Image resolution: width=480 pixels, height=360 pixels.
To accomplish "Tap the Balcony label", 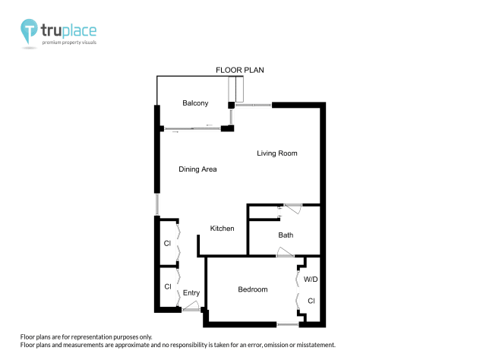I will coord(195,103).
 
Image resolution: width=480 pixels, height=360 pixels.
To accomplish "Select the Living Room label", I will coord(276,153).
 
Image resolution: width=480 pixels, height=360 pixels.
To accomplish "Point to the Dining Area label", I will coord(197,169).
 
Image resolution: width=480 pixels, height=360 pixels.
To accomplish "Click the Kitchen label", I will coord(222,229).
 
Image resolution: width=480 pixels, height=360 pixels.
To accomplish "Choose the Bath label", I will coord(286,235).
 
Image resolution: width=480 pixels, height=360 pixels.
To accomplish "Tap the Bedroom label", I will coord(252,289).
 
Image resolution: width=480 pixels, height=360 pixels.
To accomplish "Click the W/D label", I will coord(311,280).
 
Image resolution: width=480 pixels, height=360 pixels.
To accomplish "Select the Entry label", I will coord(191,293).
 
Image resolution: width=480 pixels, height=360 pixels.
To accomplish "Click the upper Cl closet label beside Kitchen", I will coord(167,244).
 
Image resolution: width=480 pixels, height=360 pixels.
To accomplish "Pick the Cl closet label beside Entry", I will coord(167,286).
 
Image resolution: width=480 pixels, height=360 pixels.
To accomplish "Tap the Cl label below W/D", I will coord(311,302).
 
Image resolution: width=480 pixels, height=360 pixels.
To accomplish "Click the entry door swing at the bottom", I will coord(191,308).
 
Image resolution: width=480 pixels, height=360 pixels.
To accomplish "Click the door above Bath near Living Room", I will coord(292,207).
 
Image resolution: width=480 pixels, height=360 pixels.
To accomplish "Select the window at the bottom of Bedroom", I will coord(288,325).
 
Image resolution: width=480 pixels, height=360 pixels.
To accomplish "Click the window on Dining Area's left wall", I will coord(157,204).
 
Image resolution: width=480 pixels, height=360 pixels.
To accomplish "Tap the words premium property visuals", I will coord(69,43).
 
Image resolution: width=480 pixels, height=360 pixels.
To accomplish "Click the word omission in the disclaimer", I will coord(278,345).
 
